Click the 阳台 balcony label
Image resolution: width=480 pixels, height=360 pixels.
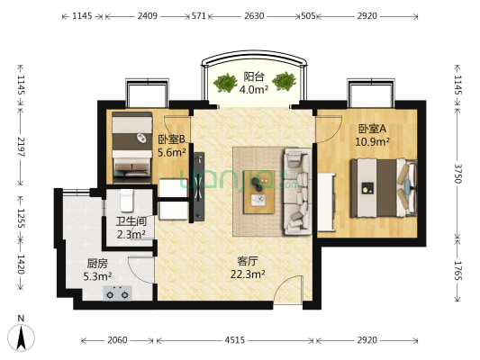(x=253, y=76)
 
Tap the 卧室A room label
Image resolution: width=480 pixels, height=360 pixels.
(x=372, y=129)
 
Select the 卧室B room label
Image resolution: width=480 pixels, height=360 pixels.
(x=171, y=139)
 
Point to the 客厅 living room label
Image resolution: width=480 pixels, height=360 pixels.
(x=248, y=261)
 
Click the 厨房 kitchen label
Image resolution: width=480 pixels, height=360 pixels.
(x=97, y=263)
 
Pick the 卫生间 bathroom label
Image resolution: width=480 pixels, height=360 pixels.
(x=131, y=221)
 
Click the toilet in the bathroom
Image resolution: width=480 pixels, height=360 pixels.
(x=127, y=201)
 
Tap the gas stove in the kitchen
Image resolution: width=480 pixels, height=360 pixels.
(x=118, y=293)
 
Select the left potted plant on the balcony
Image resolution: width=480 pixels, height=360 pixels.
(x=225, y=83)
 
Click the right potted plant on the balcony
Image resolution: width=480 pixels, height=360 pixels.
(x=284, y=82)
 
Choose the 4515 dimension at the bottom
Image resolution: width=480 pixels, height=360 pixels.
(x=235, y=340)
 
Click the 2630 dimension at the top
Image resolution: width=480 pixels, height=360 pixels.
(x=254, y=16)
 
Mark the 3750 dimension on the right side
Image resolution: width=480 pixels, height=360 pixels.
(x=457, y=174)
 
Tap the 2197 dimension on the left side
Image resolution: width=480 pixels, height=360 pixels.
(x=21, y=147)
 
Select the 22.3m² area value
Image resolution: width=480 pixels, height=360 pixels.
(x=248, y=274)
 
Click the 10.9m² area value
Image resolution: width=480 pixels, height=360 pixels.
(x=372, y=141)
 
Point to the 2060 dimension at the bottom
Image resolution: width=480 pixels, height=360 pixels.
(x=117, y=340)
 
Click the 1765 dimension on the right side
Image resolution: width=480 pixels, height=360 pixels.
(x=457, y=270)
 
